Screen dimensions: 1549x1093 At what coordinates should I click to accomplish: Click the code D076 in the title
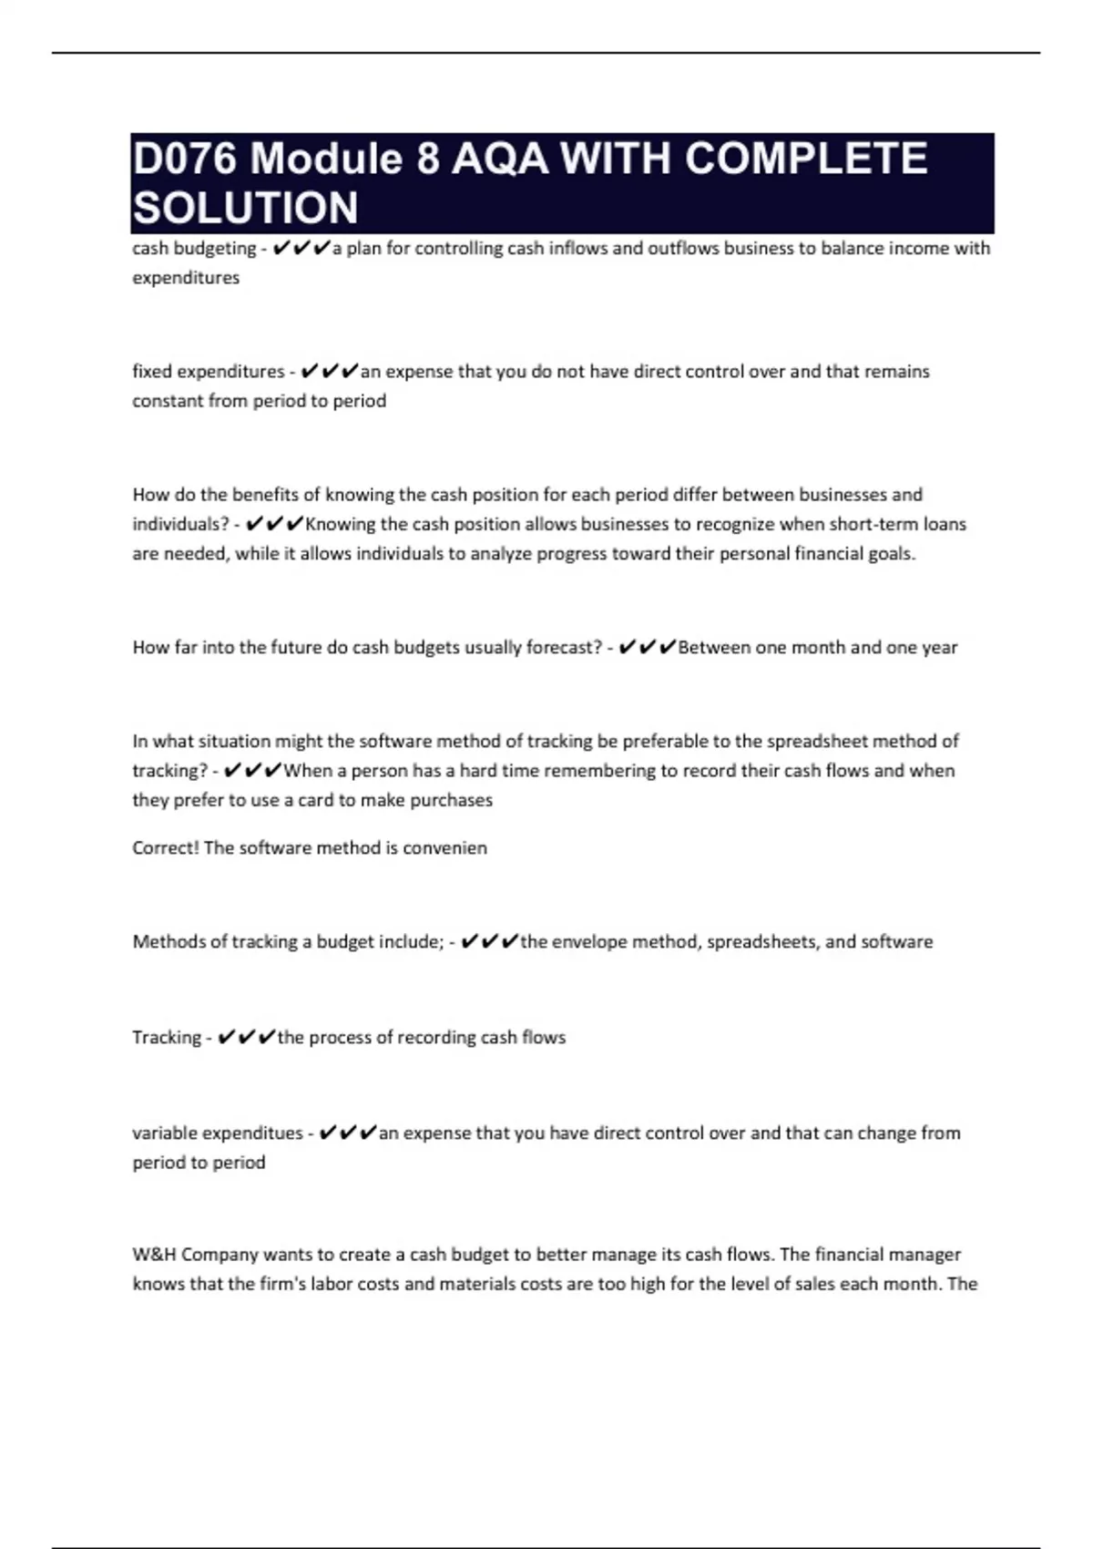(x=185, y=159)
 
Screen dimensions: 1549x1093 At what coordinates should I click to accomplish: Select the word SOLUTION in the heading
(x=245, y=208)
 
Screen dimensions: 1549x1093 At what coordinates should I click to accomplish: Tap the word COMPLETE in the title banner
(x=805, y=159)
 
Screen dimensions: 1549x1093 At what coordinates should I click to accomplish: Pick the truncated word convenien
(x=444, y=847)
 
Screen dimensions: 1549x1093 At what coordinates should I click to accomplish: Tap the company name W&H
(x=154, y=1254)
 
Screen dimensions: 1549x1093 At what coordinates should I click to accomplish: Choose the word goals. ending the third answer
(x=888, y=554)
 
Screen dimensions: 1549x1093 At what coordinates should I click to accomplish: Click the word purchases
(x=450, y=800)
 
